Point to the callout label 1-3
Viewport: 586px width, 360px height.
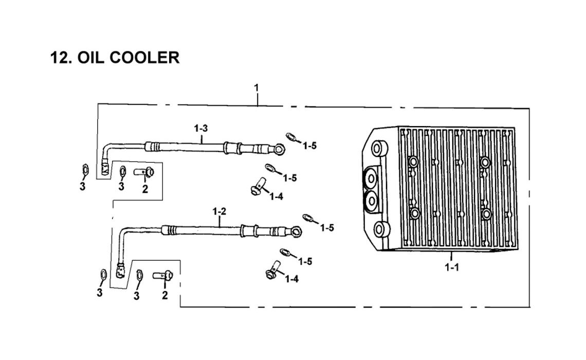(x=202, y=127)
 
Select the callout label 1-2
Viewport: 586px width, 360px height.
(x=219, y=211)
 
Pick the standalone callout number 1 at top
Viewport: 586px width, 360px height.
(x=257, y=88)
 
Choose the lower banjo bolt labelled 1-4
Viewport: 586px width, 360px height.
(x=273, y=269)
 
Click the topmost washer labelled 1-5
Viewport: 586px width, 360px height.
(x=291, y=137)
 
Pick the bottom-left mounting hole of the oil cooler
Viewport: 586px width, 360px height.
(x=381, y=229)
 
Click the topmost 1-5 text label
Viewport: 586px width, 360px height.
(x=309, y=146)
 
